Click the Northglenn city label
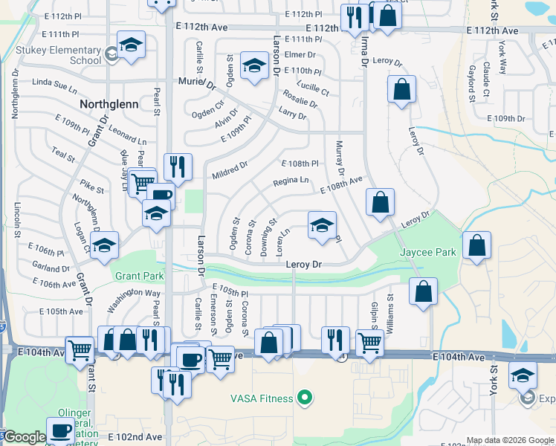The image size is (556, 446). [x=109, y=104]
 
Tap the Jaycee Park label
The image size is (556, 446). [x=427, y=252]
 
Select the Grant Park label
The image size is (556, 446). [x=139, y=276]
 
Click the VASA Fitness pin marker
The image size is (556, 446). [x=303, y=398]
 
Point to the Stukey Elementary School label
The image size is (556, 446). [x=59, y=56]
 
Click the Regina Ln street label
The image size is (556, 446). [x=291, y=181]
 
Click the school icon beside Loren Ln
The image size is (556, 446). [x=321, y=226]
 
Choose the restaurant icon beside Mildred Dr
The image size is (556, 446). [x=177, y=167]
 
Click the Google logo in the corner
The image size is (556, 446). [x=25, y=437]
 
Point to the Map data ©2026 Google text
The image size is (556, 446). [x=510, y=440]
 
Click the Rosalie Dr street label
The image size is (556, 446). [x=300, y=99]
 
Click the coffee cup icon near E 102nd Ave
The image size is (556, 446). [x=60, y=430]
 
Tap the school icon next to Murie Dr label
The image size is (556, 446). [x=253, y=68]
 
